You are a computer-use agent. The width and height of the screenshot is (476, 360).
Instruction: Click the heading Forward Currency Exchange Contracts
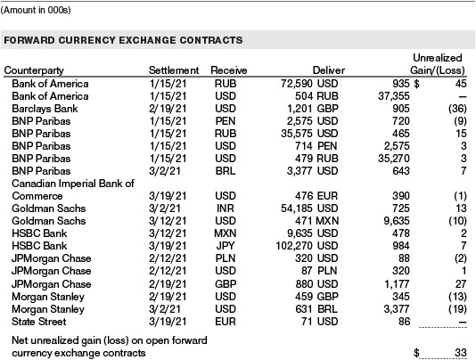(x=123, y=40)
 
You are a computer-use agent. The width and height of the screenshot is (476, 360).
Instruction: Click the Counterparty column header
(x=34, y=70)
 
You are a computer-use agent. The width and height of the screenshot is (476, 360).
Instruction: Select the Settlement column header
(x=174, y=70)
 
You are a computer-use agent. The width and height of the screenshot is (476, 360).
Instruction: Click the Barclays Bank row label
(x=45, y=109)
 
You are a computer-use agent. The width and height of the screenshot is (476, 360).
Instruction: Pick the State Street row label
(x=38, y=322)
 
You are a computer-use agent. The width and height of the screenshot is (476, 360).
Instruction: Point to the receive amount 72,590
(x=297, y=84)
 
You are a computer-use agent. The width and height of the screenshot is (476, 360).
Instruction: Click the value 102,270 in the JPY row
(x=294, y=246)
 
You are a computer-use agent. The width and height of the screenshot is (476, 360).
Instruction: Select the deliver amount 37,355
(x=394, y=96)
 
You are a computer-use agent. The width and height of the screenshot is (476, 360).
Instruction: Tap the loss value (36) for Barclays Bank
(x=457, y=109)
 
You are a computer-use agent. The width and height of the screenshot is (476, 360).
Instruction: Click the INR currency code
(x=226, y=209)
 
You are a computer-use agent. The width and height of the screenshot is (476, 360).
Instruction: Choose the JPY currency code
(x=226, y=246)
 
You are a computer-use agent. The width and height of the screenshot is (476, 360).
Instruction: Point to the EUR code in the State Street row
(x=226, y=322)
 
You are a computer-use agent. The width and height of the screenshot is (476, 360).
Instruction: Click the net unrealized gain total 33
(x=461, y=352)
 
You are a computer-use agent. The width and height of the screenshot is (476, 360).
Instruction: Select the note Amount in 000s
(x=36, y=10)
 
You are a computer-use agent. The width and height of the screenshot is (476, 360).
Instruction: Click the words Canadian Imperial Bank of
(x=73, y=184)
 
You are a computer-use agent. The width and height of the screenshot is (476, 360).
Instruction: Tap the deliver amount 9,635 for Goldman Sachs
(x=397, y=221)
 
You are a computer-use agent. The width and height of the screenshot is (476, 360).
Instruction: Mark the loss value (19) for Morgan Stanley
(x=457, y=309)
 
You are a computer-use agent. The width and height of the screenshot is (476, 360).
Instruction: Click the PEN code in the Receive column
(x=226, y=121)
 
